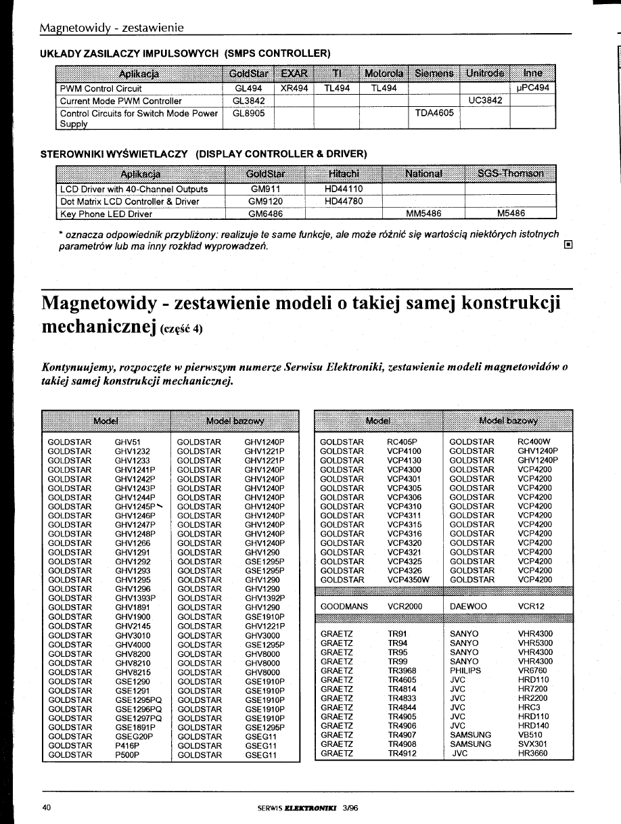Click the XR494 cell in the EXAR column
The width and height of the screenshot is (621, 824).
[294, 89]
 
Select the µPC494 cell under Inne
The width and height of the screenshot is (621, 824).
[532, 89]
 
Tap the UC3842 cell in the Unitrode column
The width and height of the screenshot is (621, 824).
[484, 100]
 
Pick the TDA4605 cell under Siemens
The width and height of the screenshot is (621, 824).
[434, 113]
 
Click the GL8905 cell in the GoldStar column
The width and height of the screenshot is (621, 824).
[248, 113]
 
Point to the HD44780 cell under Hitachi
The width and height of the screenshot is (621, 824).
[344, 202]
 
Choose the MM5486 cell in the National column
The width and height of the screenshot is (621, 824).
[423, 214]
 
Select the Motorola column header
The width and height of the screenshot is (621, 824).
[384, 72]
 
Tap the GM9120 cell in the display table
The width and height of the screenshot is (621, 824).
[265, 202]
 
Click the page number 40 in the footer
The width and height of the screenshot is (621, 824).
[47, 808]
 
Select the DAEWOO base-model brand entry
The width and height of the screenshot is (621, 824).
[468, 607]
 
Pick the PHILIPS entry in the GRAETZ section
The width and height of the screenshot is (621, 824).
[465, 670]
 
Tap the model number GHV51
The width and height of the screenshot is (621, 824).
[127, 442]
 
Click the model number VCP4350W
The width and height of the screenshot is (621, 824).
[408, 579]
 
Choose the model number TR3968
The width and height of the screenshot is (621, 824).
[402, 670]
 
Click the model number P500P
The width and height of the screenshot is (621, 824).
[127, 754]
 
